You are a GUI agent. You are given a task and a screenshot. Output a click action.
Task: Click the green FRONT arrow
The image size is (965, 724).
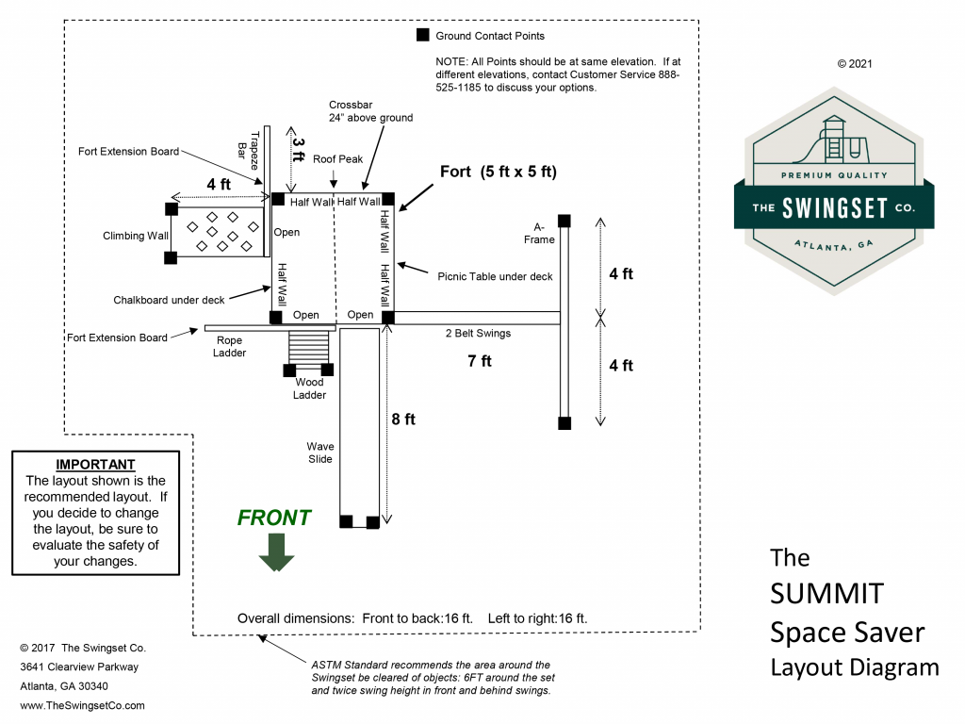tap(277, 551)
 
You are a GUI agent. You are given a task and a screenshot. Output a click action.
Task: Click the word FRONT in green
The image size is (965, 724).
tap(274, 518)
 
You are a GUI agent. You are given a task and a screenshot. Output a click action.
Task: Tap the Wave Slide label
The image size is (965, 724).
tap(319, 452)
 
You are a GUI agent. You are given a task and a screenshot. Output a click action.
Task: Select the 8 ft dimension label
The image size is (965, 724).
tap(403, 420)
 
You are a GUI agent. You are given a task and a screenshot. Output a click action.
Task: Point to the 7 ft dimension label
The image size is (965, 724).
tap(480, 360)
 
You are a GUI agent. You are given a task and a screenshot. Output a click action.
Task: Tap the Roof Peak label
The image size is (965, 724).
tap(338, 159)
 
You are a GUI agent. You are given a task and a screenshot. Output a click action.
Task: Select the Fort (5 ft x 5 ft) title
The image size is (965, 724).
tap(499, 172)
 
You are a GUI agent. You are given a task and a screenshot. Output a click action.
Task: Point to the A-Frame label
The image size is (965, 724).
tap(545, 233)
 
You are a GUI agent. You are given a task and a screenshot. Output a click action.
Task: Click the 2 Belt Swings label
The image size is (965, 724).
tap(478, 333)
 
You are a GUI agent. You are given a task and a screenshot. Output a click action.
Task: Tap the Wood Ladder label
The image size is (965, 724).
tap(309, 388)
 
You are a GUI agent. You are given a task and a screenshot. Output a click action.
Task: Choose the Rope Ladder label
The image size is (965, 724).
tap(230, 347)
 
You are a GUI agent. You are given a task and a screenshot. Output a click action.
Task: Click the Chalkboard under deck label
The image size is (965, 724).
tap(170, 300)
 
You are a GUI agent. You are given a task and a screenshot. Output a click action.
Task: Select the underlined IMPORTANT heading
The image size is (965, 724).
tap(95, 465)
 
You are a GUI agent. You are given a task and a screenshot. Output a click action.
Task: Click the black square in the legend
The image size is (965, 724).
tap(422, 36)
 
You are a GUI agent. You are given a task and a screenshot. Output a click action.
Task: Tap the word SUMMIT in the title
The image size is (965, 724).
tap(826, 594)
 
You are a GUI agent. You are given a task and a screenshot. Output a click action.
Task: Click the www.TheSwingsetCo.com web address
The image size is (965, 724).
tap(82, 704)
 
